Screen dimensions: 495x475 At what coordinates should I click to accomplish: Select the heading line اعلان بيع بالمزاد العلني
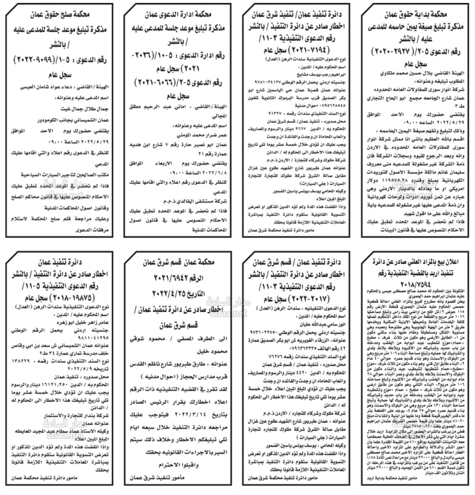pyautogui.click(x=417, y=261)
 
